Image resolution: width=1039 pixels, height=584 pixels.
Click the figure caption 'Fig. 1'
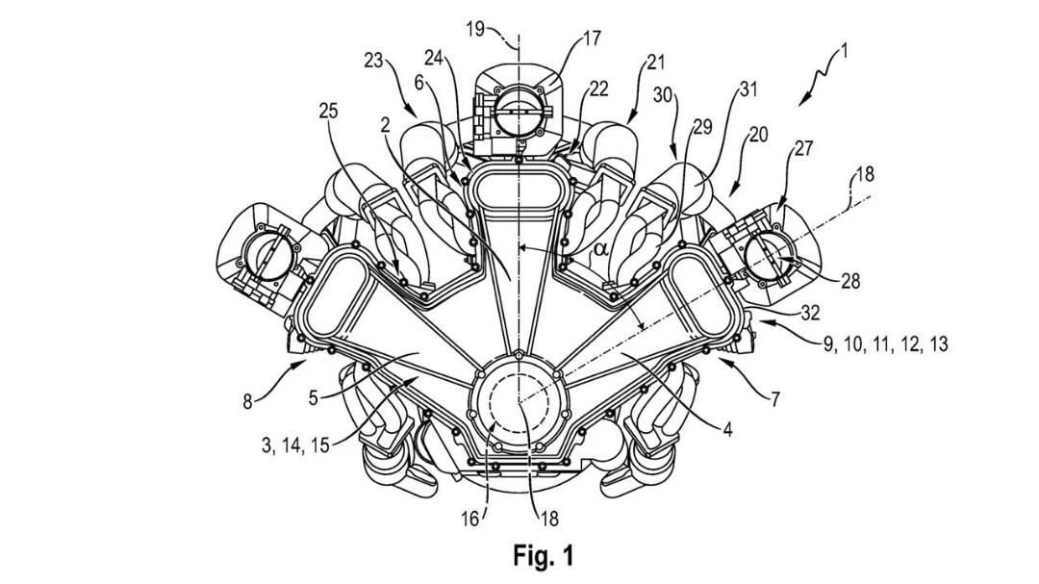pos(543,555)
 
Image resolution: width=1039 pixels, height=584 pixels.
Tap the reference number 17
pos(592,38)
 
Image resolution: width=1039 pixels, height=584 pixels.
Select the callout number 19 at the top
pos(475,29)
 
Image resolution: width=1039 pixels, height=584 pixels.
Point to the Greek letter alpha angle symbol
pos(601,249)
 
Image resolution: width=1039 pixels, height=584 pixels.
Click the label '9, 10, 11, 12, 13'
pos(886,344)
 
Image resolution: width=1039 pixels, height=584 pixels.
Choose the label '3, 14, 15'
pos(295,444)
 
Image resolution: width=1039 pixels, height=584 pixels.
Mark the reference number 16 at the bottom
pos(469,519)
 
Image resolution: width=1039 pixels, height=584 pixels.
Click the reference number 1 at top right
pos(844,51)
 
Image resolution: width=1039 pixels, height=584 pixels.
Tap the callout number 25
pos(328,111)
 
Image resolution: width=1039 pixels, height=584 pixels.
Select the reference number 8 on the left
pos(248,402)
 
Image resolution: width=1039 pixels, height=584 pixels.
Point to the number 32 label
pos(809,313)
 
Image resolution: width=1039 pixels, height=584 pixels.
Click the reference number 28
pos(850,281)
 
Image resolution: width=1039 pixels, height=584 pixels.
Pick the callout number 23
pos(373,61)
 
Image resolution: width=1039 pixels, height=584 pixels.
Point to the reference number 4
pos(727,429)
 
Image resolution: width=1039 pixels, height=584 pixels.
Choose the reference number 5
pos(314,397)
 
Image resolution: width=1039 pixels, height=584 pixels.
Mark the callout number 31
pos(748,89)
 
